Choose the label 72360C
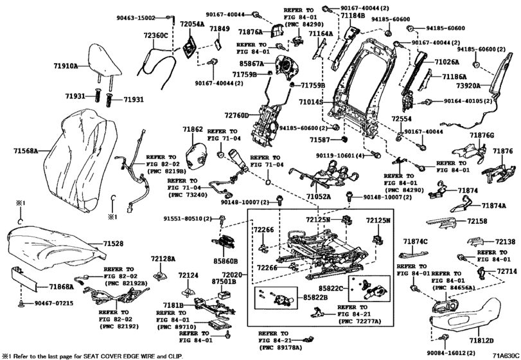coord(155,36)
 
